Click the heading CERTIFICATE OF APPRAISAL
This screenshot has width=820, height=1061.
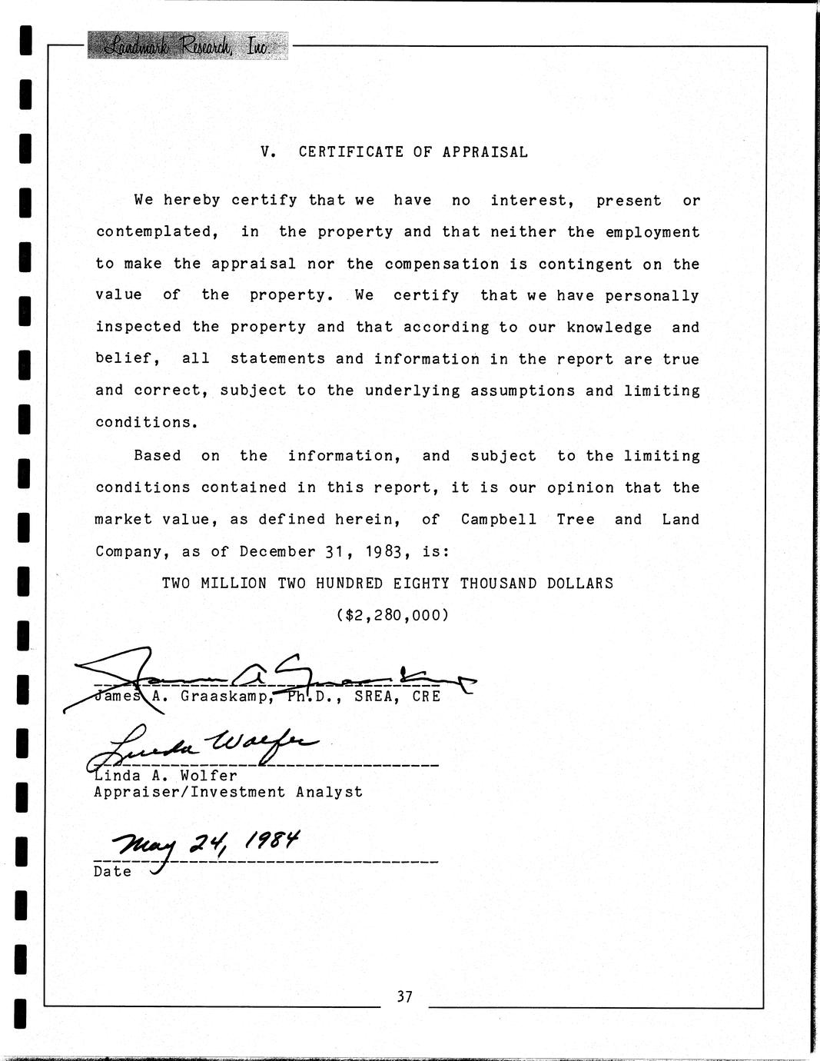tap(413, 152)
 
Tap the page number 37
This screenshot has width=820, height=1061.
tap(405, 997)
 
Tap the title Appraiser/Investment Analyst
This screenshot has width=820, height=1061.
tap(227, 792)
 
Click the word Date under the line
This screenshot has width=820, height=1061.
tap(112, 872)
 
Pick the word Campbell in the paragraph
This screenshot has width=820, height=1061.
tap(499, 520)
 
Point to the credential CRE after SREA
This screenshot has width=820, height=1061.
tap(427, 697)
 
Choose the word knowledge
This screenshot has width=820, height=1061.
tap(609, 328)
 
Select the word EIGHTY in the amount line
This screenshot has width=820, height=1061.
tap(421, 584)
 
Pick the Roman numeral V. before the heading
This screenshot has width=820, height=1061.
tap(268, 152)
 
